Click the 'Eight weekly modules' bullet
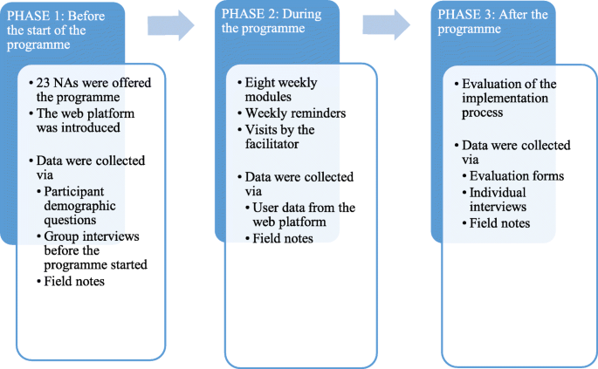(281, 90)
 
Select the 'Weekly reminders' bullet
(294, 113)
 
